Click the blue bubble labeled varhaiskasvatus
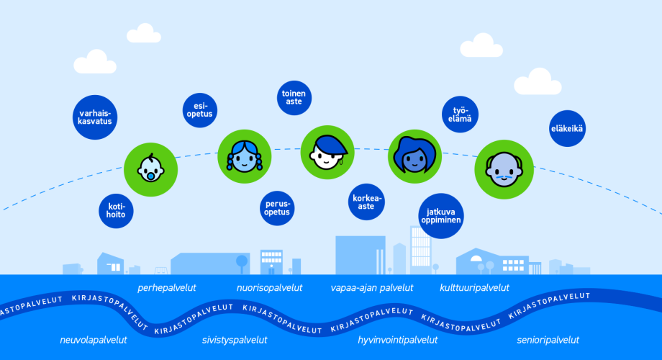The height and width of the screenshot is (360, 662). [x=95, y=117]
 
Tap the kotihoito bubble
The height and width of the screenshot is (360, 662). [x=116, y=211]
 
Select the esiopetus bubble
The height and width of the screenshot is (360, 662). [x=200, y=110]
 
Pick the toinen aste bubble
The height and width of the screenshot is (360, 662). [x=294, y=98]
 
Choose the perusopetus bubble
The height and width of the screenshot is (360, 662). [x=277, y=208]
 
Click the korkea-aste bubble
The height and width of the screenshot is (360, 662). [x=366, y=202]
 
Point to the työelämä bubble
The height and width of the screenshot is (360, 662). [x=461, y=114]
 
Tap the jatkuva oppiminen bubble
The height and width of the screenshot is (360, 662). [x=441, y=216]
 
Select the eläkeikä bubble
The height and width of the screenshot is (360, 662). [x=568, y=128]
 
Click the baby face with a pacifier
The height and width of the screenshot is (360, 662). [x=150, y=169]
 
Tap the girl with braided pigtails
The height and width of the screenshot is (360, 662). [x=245, y=156]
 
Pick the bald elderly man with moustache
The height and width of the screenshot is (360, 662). [x=504, y=169]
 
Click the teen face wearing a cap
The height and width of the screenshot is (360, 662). [x=327, y=152]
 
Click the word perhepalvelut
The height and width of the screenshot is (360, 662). [x=167, y=288]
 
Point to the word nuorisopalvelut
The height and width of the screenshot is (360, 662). [x=269, y=288]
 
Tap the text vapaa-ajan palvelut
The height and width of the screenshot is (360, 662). [x=372, y=288]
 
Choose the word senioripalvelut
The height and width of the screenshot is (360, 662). [x=548, y=340]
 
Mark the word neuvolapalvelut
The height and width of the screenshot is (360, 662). [x=94, y=340]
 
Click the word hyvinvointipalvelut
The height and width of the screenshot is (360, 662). [x=398, y=340]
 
